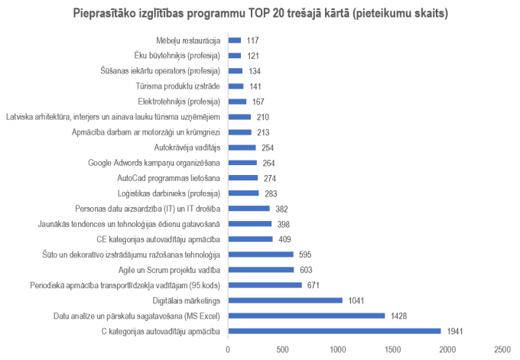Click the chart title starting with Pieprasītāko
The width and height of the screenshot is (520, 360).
pos(260,14)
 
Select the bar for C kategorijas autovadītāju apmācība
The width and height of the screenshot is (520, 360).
pos(334,331)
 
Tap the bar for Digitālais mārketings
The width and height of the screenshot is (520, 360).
pos(284,300)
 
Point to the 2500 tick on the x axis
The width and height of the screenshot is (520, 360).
pos(502,349)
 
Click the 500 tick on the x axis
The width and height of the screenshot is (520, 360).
pos(282,349)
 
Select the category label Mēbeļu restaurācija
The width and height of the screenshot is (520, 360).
pos(188,41)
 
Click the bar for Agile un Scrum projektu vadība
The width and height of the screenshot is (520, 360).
pos(261,270)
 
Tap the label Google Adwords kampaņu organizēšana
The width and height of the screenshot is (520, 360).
pos(154,163)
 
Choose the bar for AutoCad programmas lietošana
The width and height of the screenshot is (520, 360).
pos(242,178)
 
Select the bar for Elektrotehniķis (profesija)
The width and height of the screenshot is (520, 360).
pos(237,102)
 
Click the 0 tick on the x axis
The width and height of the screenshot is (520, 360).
pos(228,349)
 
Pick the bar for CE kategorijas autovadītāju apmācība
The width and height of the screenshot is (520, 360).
pos(250,239)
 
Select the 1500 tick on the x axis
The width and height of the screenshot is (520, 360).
pos(392,349)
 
